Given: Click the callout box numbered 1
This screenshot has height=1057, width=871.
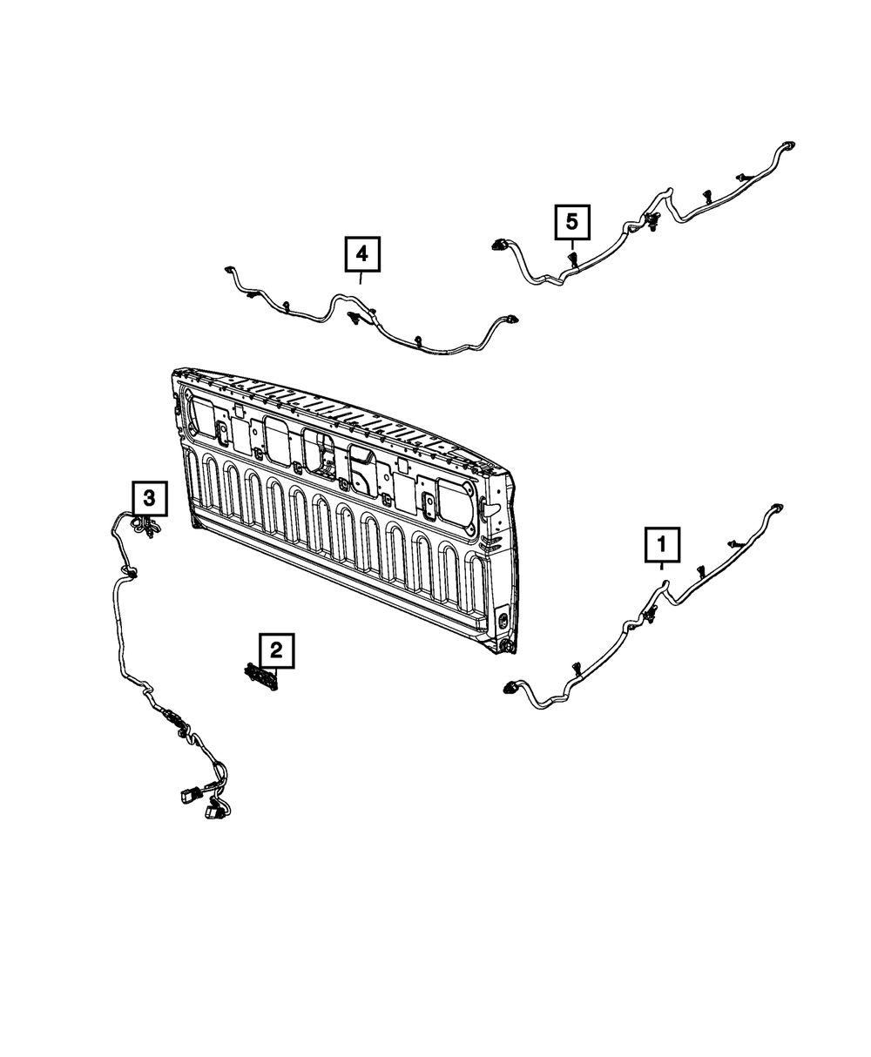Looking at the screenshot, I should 661,546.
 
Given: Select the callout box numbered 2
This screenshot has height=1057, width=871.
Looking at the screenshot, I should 276,650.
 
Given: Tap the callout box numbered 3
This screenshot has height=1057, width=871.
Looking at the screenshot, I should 149,499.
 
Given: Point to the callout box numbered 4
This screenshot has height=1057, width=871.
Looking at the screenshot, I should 362,255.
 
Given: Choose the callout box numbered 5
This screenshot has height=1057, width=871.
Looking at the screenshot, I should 572,222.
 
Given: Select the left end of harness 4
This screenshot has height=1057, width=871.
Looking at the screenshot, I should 230,270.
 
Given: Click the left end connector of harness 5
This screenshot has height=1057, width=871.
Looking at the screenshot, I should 500,246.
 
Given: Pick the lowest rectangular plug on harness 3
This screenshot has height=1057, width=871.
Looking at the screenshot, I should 211,813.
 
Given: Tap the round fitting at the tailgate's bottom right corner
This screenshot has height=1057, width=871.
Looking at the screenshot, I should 506,647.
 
